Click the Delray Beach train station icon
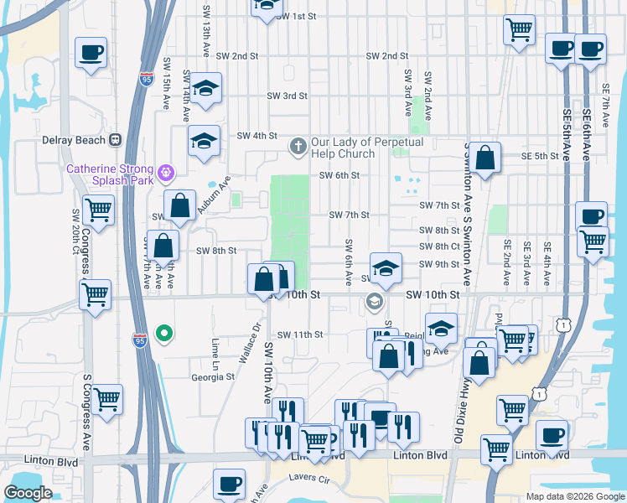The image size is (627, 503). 116,140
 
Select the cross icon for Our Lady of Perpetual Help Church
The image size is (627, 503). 298,147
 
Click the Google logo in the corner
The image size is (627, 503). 28,493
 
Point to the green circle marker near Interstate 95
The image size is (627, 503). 165,334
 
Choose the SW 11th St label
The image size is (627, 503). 300,334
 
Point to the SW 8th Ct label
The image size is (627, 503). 439,246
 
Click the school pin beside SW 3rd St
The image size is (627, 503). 205,89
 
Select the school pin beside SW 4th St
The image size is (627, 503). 203,141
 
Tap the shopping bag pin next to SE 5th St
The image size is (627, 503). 484,156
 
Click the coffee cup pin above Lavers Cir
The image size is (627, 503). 229,484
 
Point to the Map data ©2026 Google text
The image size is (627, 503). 574,495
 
